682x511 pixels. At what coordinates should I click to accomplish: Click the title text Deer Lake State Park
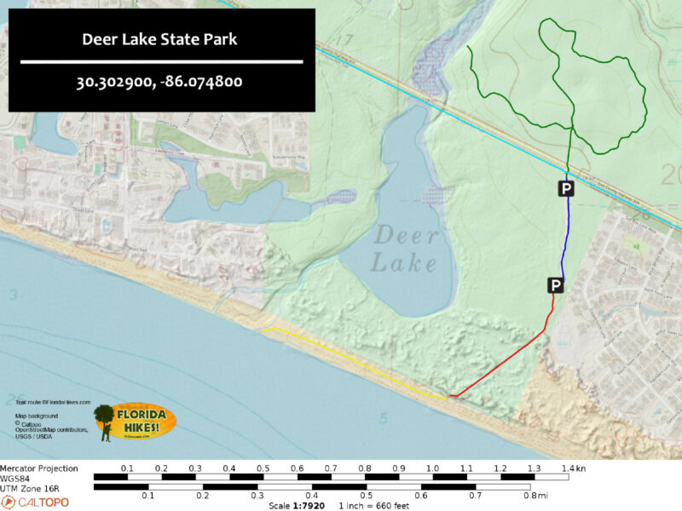coord(161,39)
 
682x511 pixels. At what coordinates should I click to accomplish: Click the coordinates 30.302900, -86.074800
coord(161,83)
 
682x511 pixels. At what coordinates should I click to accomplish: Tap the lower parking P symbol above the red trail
coord(555,284)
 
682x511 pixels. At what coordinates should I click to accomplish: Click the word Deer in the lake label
coord(405,236)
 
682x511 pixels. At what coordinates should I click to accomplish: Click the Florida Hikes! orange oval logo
coord(136,422)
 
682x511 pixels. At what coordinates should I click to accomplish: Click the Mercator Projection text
coord(39,468)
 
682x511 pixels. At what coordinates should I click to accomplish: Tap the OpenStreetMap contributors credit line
coord(51,430)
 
